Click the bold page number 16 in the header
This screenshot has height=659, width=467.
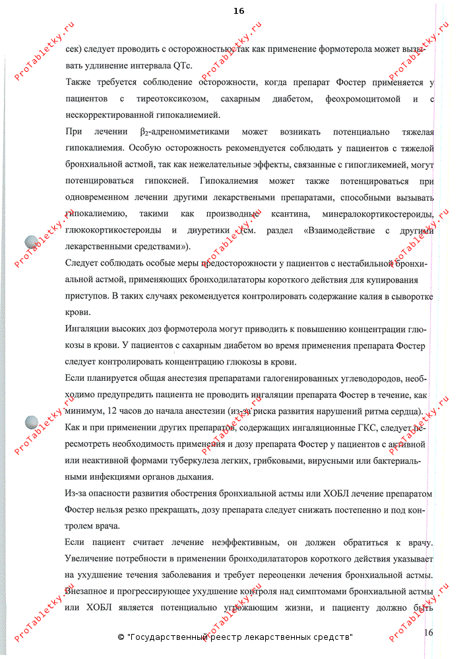(238, 11)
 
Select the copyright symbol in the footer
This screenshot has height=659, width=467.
(121, 637)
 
